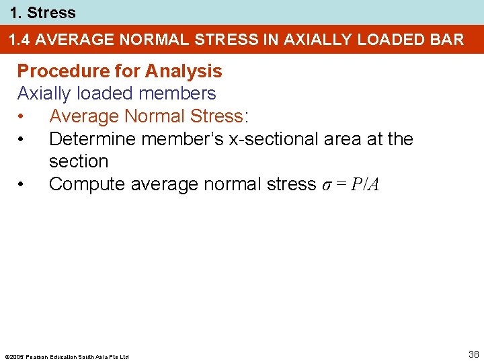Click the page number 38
(x=474, y=354)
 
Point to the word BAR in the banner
(x=446, y=40)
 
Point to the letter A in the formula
(x=374, y=185)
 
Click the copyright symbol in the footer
(x=7, y=356)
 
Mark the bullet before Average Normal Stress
(x=22, y=117)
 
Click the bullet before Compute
(x=22, y=184)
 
